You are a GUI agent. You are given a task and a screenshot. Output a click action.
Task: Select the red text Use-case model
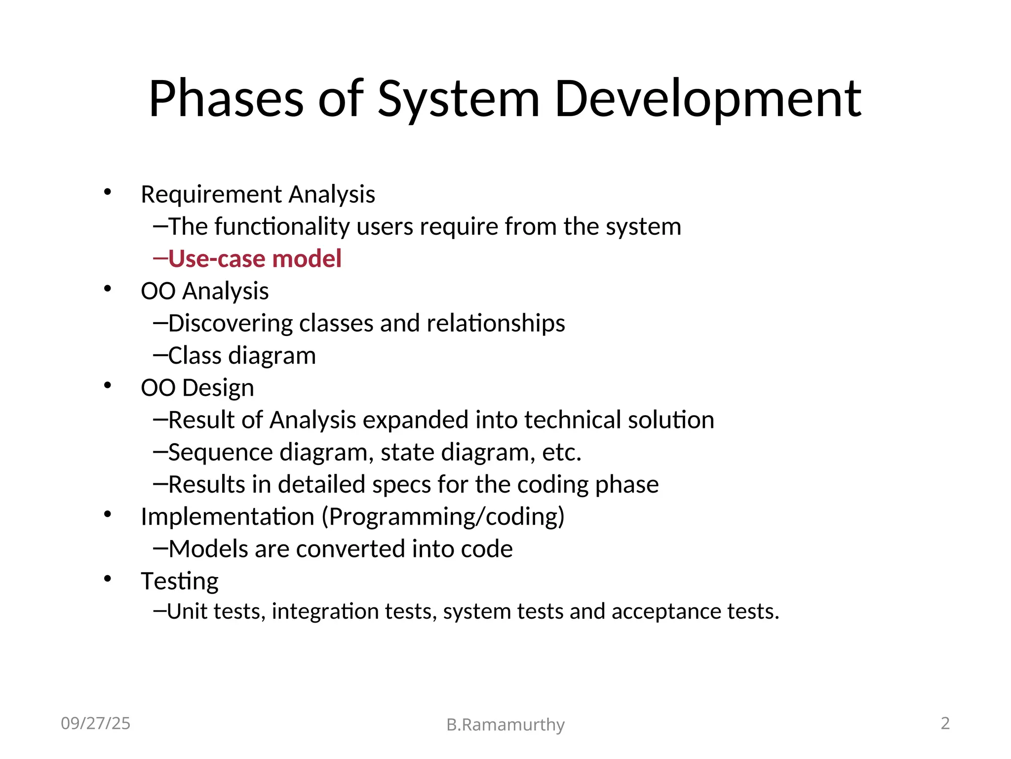coord(255,258)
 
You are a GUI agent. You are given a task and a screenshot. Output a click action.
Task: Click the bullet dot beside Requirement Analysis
coord(108,192)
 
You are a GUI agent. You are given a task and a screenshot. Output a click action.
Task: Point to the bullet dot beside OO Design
coord(108,385)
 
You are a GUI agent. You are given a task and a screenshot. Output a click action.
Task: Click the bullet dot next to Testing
coord(108,579)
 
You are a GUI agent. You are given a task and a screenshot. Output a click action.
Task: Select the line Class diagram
coord(242,355)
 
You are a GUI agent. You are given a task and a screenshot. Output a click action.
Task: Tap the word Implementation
coord(228,517)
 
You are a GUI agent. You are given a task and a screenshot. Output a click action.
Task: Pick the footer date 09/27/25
coord(95,723)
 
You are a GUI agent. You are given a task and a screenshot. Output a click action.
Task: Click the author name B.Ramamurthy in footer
coord(505,725)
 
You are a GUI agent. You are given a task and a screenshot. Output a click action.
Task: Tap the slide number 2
coord(945,723)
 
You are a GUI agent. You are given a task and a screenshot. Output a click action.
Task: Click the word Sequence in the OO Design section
coord(220,453)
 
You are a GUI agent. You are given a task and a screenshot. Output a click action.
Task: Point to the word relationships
coord(496,323)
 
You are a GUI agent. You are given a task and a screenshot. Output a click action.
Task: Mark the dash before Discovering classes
coord(160,323)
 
